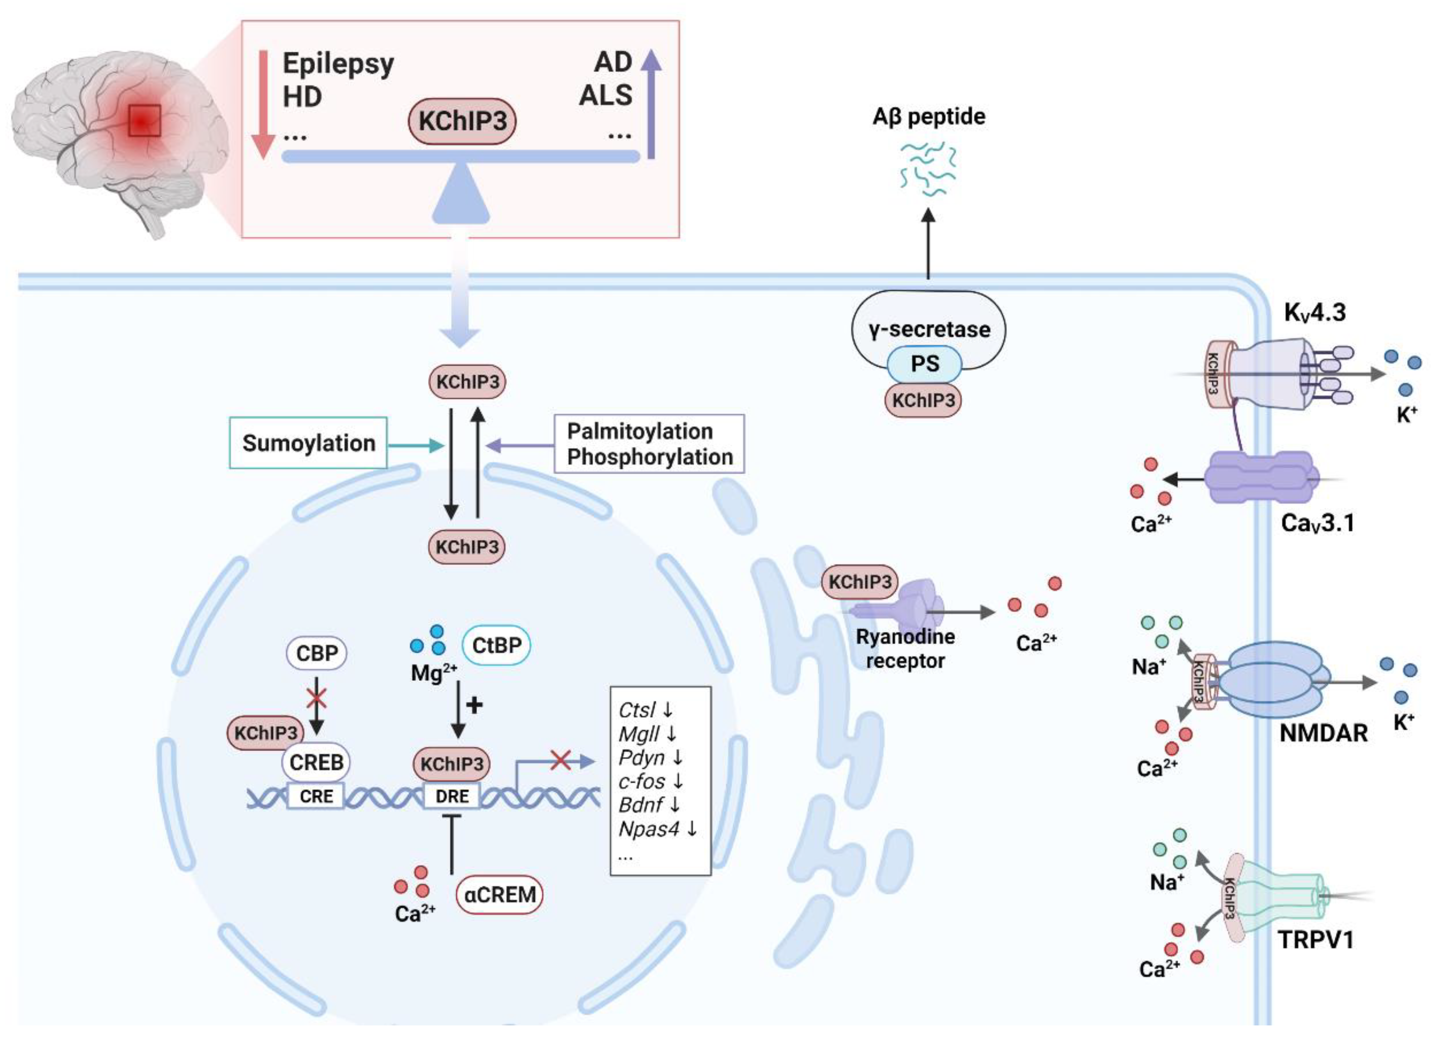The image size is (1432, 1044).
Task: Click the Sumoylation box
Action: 308,443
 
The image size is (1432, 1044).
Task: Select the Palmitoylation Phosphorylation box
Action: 649,444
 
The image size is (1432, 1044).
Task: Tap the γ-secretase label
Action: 929,329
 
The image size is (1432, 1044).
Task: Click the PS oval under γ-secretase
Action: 924,364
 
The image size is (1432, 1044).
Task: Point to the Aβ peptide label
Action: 928,117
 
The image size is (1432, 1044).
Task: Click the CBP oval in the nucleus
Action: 317,652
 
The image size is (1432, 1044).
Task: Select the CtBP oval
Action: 496,645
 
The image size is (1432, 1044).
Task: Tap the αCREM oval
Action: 499,895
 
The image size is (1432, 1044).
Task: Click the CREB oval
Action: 316,762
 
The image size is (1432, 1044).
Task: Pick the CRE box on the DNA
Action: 316,796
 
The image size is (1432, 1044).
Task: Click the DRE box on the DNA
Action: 452,796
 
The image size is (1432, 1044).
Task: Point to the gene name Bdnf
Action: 640,805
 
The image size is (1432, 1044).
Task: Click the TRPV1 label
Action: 1315,940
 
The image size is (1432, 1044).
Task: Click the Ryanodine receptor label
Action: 906,648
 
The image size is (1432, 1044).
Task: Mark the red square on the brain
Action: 145,121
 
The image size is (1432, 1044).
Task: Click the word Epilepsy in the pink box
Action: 338,64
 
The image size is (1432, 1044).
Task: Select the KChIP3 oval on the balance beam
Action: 462,121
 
